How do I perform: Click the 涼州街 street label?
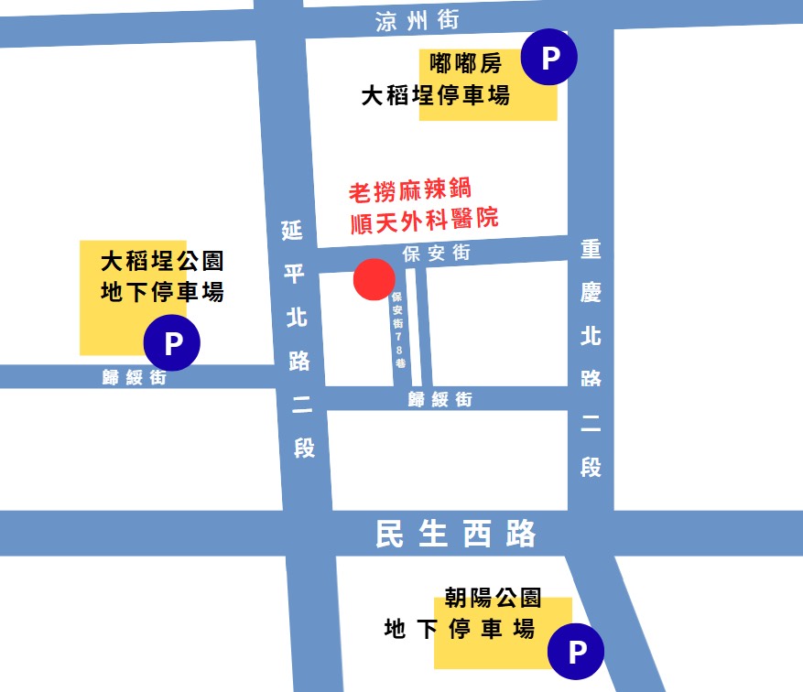click(418, 20)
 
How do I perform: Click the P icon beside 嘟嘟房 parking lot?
click(549, 59)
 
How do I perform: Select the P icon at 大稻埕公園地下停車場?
click(172, 343)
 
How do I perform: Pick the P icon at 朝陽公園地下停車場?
click(577, 652)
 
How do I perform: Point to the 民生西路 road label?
click(455, 534)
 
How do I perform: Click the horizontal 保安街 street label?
click(437, 254)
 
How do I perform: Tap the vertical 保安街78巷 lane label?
click(397, 330)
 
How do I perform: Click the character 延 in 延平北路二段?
click(291, 230)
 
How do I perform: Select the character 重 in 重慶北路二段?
click(591, 249)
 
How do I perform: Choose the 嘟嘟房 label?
click(466, 65)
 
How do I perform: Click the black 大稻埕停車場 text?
click(436, 95)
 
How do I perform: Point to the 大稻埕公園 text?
click(162, 263)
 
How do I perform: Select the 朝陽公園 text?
click(493, 599)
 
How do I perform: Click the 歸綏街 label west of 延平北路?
click(135, 377)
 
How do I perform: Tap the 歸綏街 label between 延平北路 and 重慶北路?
click(440, 399)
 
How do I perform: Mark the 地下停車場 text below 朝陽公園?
click(459, 629)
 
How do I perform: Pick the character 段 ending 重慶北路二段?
click(591, 467)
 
